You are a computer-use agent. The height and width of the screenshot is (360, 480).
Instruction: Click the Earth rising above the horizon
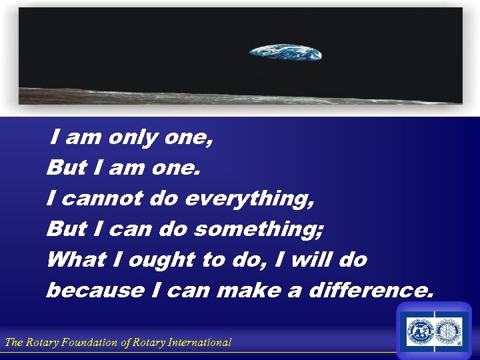point(285,51)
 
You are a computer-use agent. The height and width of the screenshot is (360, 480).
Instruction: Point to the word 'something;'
point(259,229)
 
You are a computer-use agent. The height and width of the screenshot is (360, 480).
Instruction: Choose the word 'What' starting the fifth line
point(72,259)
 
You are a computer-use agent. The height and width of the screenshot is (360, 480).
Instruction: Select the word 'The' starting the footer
point(14,343)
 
